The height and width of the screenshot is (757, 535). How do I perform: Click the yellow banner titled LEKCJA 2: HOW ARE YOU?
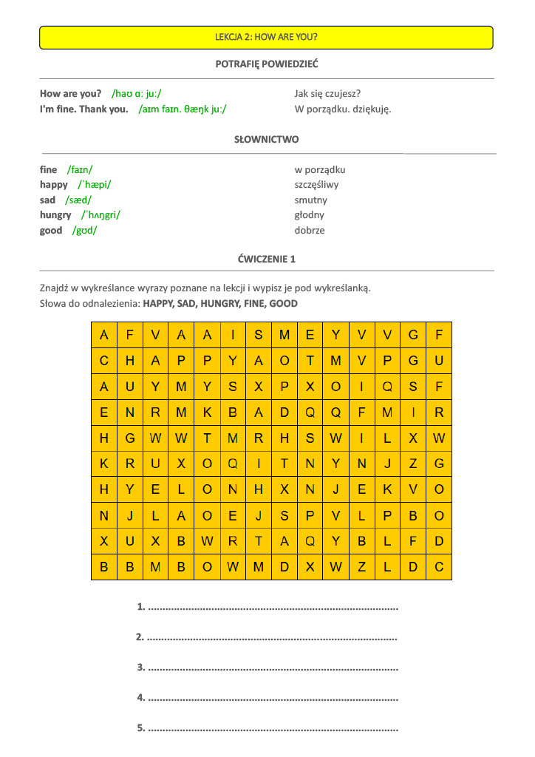pos(266,37)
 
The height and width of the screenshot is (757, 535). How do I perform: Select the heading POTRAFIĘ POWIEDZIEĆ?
pos(266,64)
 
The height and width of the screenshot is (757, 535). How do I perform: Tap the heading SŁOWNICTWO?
pos(266,139)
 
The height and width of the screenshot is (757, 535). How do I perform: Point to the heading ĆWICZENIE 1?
pos(266,259)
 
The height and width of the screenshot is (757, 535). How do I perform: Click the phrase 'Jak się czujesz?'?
pos(327,94)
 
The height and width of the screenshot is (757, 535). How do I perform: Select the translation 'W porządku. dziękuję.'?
pos(342,109)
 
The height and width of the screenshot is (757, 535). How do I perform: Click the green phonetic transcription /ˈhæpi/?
pos(95,185)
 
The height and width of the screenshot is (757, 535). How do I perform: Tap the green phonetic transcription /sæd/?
pos(78,200)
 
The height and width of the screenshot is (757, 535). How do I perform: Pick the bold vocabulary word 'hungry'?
pos(55,215)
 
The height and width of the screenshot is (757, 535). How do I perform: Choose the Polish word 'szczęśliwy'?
pos(316,185)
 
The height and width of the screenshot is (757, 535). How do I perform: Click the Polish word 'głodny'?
pos(309,215)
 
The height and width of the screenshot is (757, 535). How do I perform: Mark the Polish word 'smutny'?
pos(310,200)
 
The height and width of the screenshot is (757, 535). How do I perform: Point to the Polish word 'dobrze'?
pos(310,231)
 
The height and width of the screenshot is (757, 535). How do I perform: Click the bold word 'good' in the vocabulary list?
pos(51,231)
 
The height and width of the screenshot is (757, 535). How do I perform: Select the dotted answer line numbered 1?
pos(273,608)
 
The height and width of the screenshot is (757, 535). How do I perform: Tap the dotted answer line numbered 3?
pos(273,668)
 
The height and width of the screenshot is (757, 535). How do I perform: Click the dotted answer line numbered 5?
pos(273,729)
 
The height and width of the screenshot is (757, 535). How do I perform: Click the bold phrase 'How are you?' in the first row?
pos(70,94)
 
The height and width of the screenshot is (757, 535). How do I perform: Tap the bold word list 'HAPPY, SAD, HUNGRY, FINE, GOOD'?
pos(220,304)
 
